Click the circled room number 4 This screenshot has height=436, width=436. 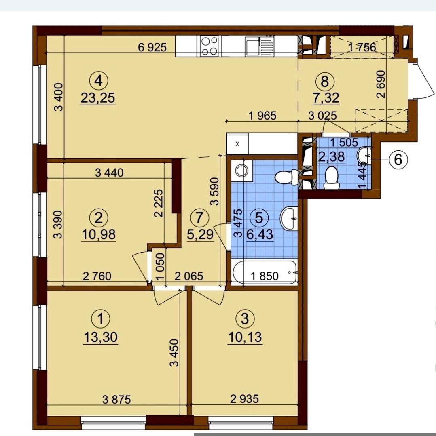99,81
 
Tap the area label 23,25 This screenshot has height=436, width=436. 98,98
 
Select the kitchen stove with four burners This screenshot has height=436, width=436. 209,46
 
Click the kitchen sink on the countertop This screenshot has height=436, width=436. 259,46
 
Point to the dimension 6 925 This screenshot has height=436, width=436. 152,48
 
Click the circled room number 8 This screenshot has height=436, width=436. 325,82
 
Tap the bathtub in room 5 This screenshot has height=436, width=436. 265,272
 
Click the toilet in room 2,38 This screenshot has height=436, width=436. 331,178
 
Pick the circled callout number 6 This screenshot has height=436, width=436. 398,160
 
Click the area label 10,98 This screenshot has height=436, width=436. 99,234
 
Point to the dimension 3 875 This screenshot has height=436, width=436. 116,400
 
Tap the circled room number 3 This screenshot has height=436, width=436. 245,319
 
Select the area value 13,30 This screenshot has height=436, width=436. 100,337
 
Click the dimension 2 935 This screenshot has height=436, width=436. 244,399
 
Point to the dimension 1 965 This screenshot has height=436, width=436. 262,116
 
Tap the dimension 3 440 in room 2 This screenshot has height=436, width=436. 109,173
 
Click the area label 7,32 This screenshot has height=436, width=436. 326,98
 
